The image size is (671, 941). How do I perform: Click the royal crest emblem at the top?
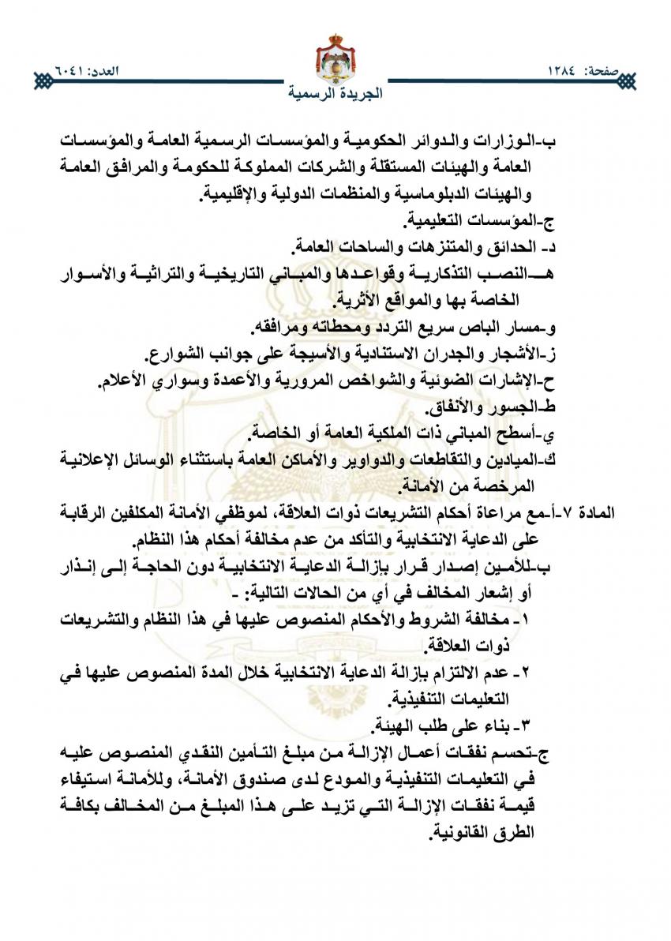tap(335, 57)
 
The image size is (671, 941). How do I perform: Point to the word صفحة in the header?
tap(615, 72)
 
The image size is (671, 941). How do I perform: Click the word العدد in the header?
tap(107, 72)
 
